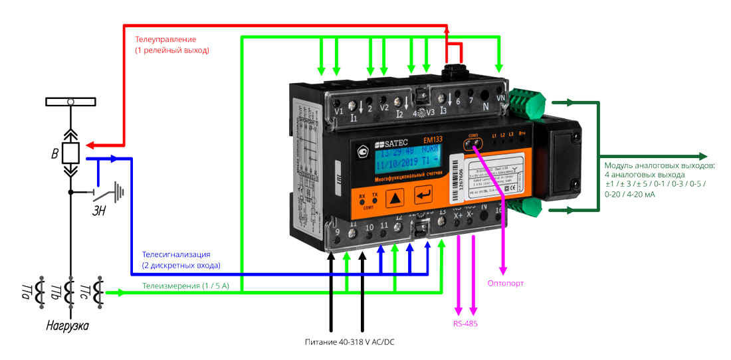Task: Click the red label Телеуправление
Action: [x=165, y=39]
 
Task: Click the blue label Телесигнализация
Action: [x=176, y=254]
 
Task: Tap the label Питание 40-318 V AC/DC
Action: [x=346, y=342]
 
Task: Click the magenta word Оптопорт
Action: [x=506, y=283]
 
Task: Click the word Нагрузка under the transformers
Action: [x=67, y=326]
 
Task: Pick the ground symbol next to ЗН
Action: [x=120, y=192]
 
